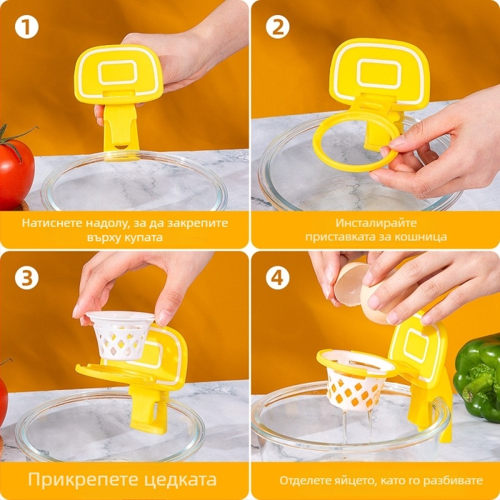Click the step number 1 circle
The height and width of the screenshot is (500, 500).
(26, 27)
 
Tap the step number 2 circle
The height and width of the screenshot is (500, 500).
(277, 27)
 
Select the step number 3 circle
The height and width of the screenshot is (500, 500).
(26, 277)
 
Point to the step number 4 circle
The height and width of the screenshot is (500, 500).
(277, 277)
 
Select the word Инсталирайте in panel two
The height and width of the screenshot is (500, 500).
(376, 222)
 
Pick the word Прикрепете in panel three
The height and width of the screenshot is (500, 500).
(81, 479)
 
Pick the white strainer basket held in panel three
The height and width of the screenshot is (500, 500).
(120, 334)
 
